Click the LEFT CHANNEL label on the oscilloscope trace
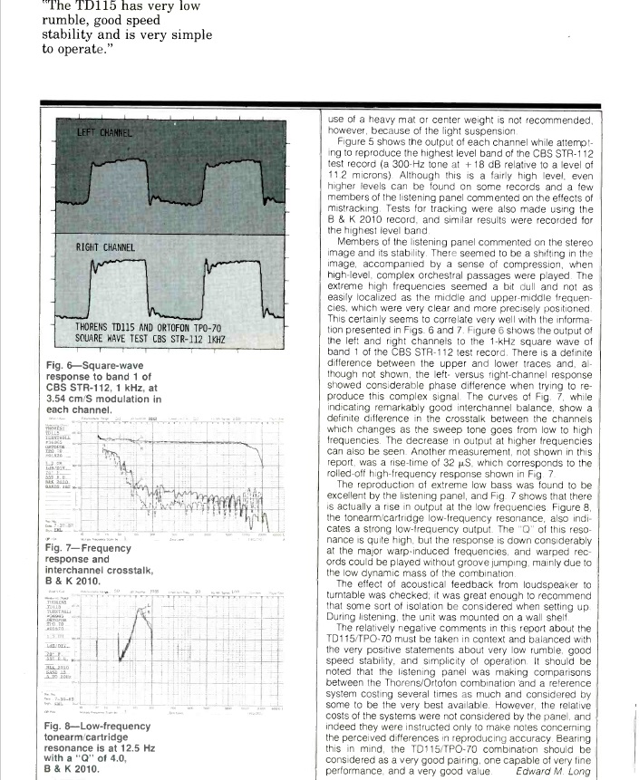tap(105, 132)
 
